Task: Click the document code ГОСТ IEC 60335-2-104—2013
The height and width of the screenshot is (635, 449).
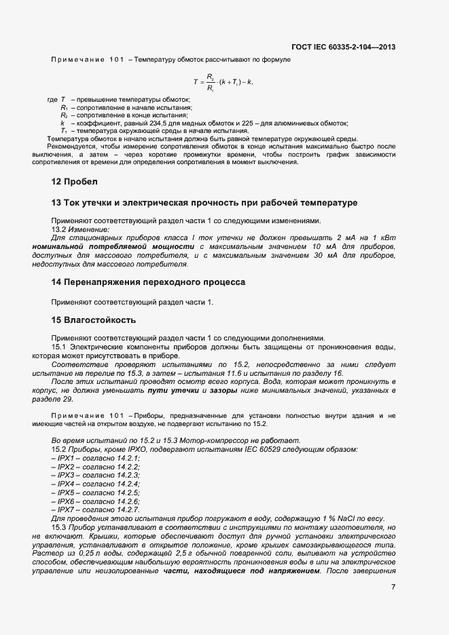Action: [343, 47]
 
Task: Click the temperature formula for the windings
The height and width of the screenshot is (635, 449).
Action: [223, 81]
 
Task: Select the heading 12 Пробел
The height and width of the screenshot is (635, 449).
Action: [75, 182]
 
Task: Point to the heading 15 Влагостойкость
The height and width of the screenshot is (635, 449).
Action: [94, 320]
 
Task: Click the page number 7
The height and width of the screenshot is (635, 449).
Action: [393, 587]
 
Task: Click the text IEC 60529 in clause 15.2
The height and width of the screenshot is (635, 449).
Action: [259, 450]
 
